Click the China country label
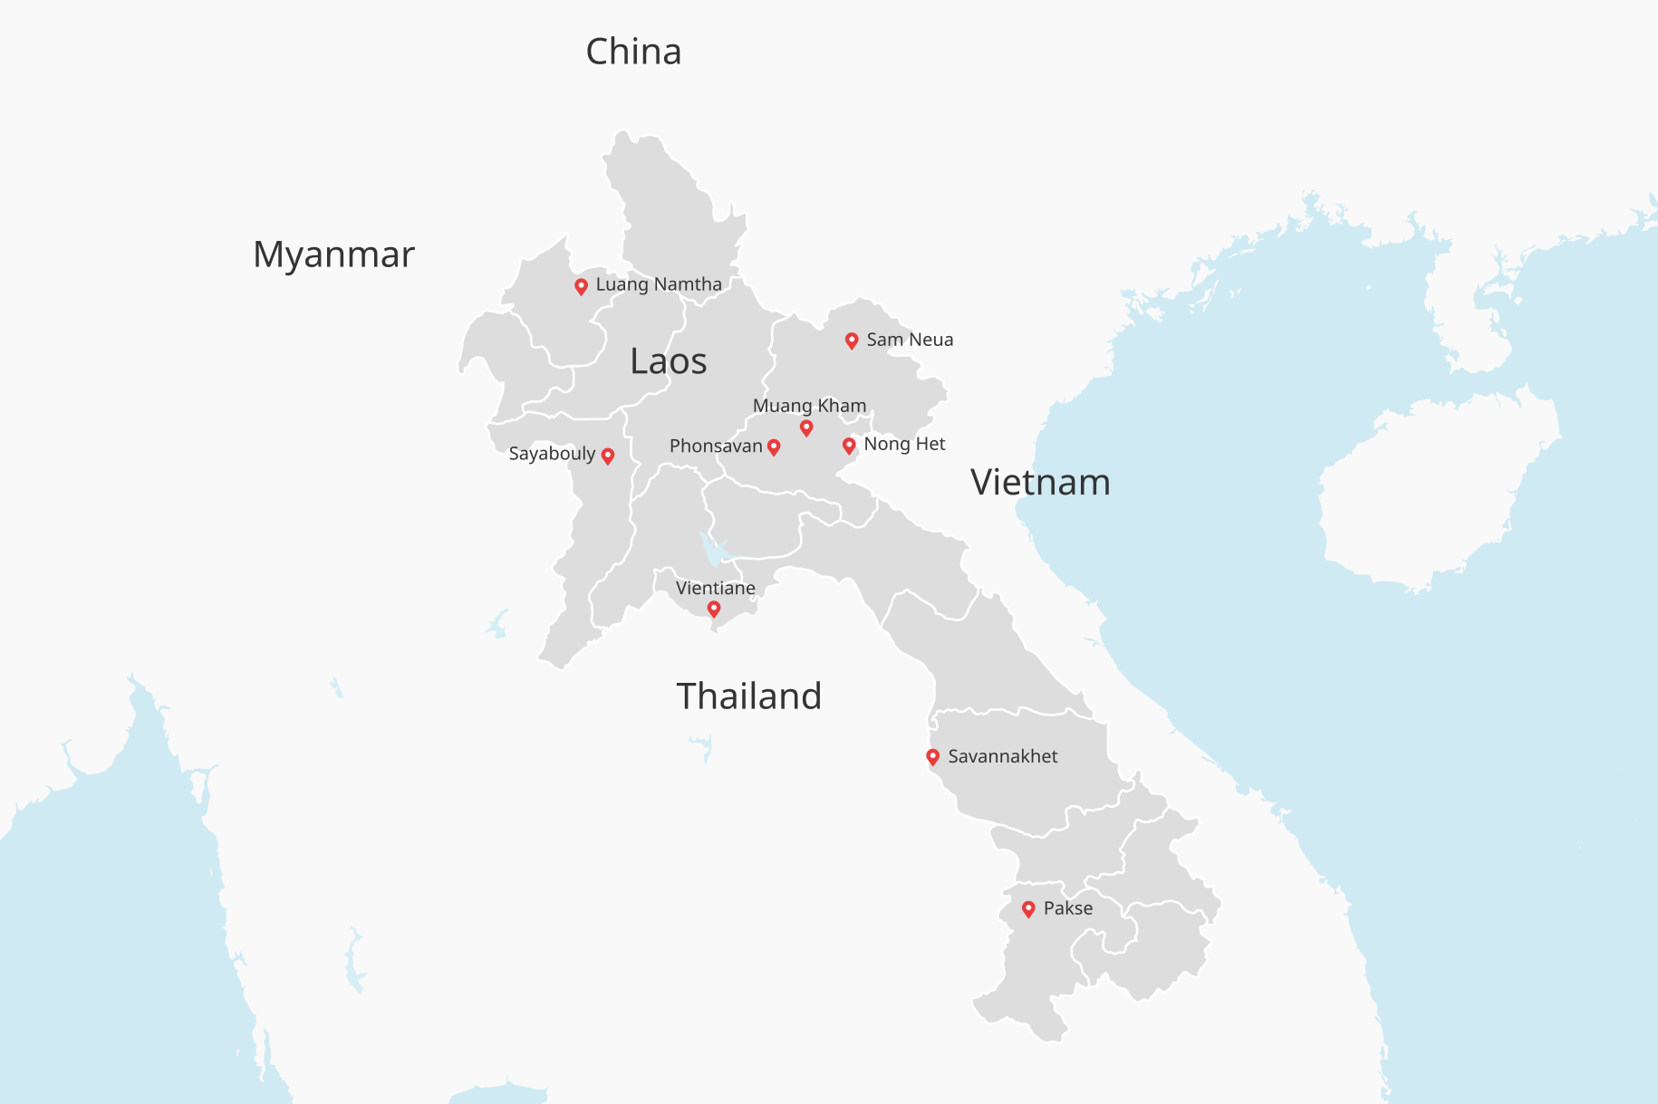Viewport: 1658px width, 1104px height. click(x=633, y=52)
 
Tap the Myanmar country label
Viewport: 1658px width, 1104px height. click(x=333, y=254)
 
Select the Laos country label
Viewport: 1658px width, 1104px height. click(x=669, y=361)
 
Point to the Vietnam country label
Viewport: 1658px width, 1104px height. click(x=1040, y=482)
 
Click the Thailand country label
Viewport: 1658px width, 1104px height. click(x=748, y=696)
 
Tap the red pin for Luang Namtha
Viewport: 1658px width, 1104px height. click(x=582, y=286)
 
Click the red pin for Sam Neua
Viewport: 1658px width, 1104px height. click(x=852, y=341)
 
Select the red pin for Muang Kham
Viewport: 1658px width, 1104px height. click(x=806, y=427)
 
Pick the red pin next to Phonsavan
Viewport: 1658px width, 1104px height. click(x=774, y=446)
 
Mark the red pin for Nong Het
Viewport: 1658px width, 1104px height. click(x=849, y=446)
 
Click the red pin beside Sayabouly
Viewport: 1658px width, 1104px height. click(x=608, y=456)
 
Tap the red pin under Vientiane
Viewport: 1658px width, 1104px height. click(x=714, y=609)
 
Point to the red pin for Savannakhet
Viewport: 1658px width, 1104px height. click(x=932, y=756)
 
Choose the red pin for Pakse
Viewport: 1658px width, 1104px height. click(x=1028, y=908)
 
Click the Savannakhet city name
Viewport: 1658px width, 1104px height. click(x=1002, y=756)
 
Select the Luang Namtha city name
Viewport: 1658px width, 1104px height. click(x=659, y=284)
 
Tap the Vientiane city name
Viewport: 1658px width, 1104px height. click(x=716, y=588)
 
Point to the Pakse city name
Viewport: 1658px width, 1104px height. click(x=1068, y=908)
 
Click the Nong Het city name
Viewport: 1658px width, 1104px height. click(x=904, y=444)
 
